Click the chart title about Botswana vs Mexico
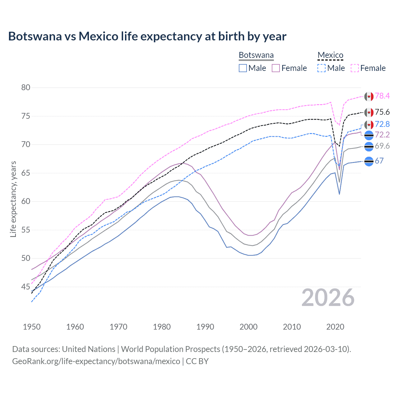click(x=147, y=36)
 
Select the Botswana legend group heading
click(x=256, y=55)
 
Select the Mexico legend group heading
click(x=330, y=55)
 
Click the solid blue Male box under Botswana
click(x=243, y=68)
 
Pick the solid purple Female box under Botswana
click(x=276, y=68)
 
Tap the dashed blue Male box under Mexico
click(x=322, y=68)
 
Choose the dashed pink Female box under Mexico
click(x=355, y=68)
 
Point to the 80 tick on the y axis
click(x=26, y=87)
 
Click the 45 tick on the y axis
click(x=26, y=287)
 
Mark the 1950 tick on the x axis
click(x=32, y=327)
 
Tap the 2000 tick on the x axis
click(x=248, y=327)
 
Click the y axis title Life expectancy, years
click(x=13, y=199)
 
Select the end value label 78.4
click(x=382, y=96)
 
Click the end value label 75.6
click(x=382, y=112)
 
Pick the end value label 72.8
click(x=382, y=124)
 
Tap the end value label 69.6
click(x=382, y=146)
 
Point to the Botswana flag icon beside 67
click(x=369, y=161)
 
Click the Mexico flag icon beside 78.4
click(x=369, y=96)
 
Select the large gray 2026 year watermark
click(x=328, y=298)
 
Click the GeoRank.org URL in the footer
click(x=96, y=361)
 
